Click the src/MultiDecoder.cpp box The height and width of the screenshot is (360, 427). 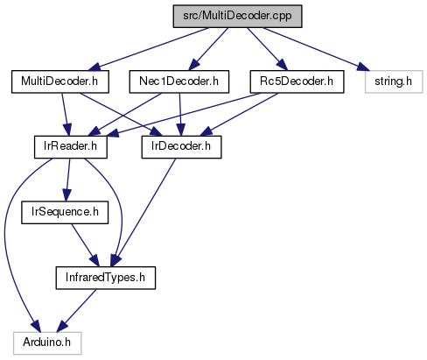pyautogui.click(x=237, y=17)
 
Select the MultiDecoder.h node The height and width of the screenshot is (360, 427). pyautogui.click(x=60, y=81)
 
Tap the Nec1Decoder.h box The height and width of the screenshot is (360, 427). pyautogui.click(x=179, y=81)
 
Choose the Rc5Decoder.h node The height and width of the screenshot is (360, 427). pyautogui.click(x=297, y=81)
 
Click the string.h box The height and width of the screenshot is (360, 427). pyautogui.click(x=394, y=81)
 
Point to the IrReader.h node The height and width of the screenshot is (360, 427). pyautogui.click(x=71, y=147)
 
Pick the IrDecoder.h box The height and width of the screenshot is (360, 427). pyautogui.click(x=181, y=147)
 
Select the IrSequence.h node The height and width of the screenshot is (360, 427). pyautogui.click(x=65, y=213)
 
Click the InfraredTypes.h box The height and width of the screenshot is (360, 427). pyautogui.click(x=106, y=278)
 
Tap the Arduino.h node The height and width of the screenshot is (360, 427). pyautogui.click(x=47, y=343)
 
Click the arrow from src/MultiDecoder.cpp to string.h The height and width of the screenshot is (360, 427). pyautogui.click(x=316, y=49)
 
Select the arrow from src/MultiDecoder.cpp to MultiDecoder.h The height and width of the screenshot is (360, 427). pyautogui.click(x=149, y=49)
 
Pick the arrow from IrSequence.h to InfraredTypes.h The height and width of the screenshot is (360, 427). pyautogui.click(x=85, y=245)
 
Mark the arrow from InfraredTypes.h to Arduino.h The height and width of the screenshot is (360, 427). pyautogui.click(x=76, y=311)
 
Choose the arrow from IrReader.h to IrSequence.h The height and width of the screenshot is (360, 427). pyautogui.click(x=68, y=180)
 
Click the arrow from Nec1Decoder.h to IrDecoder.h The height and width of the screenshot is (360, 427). pyautogui.click(x=180, y=115)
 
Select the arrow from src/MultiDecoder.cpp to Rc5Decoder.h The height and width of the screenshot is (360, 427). pyautogui.click(x=267, y=49)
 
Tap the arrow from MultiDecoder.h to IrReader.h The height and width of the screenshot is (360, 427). pyautogui.click(x=65, y=115)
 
